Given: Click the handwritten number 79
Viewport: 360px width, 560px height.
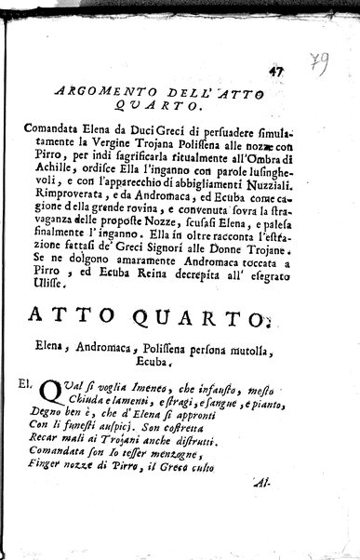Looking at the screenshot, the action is tap(323, 66).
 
